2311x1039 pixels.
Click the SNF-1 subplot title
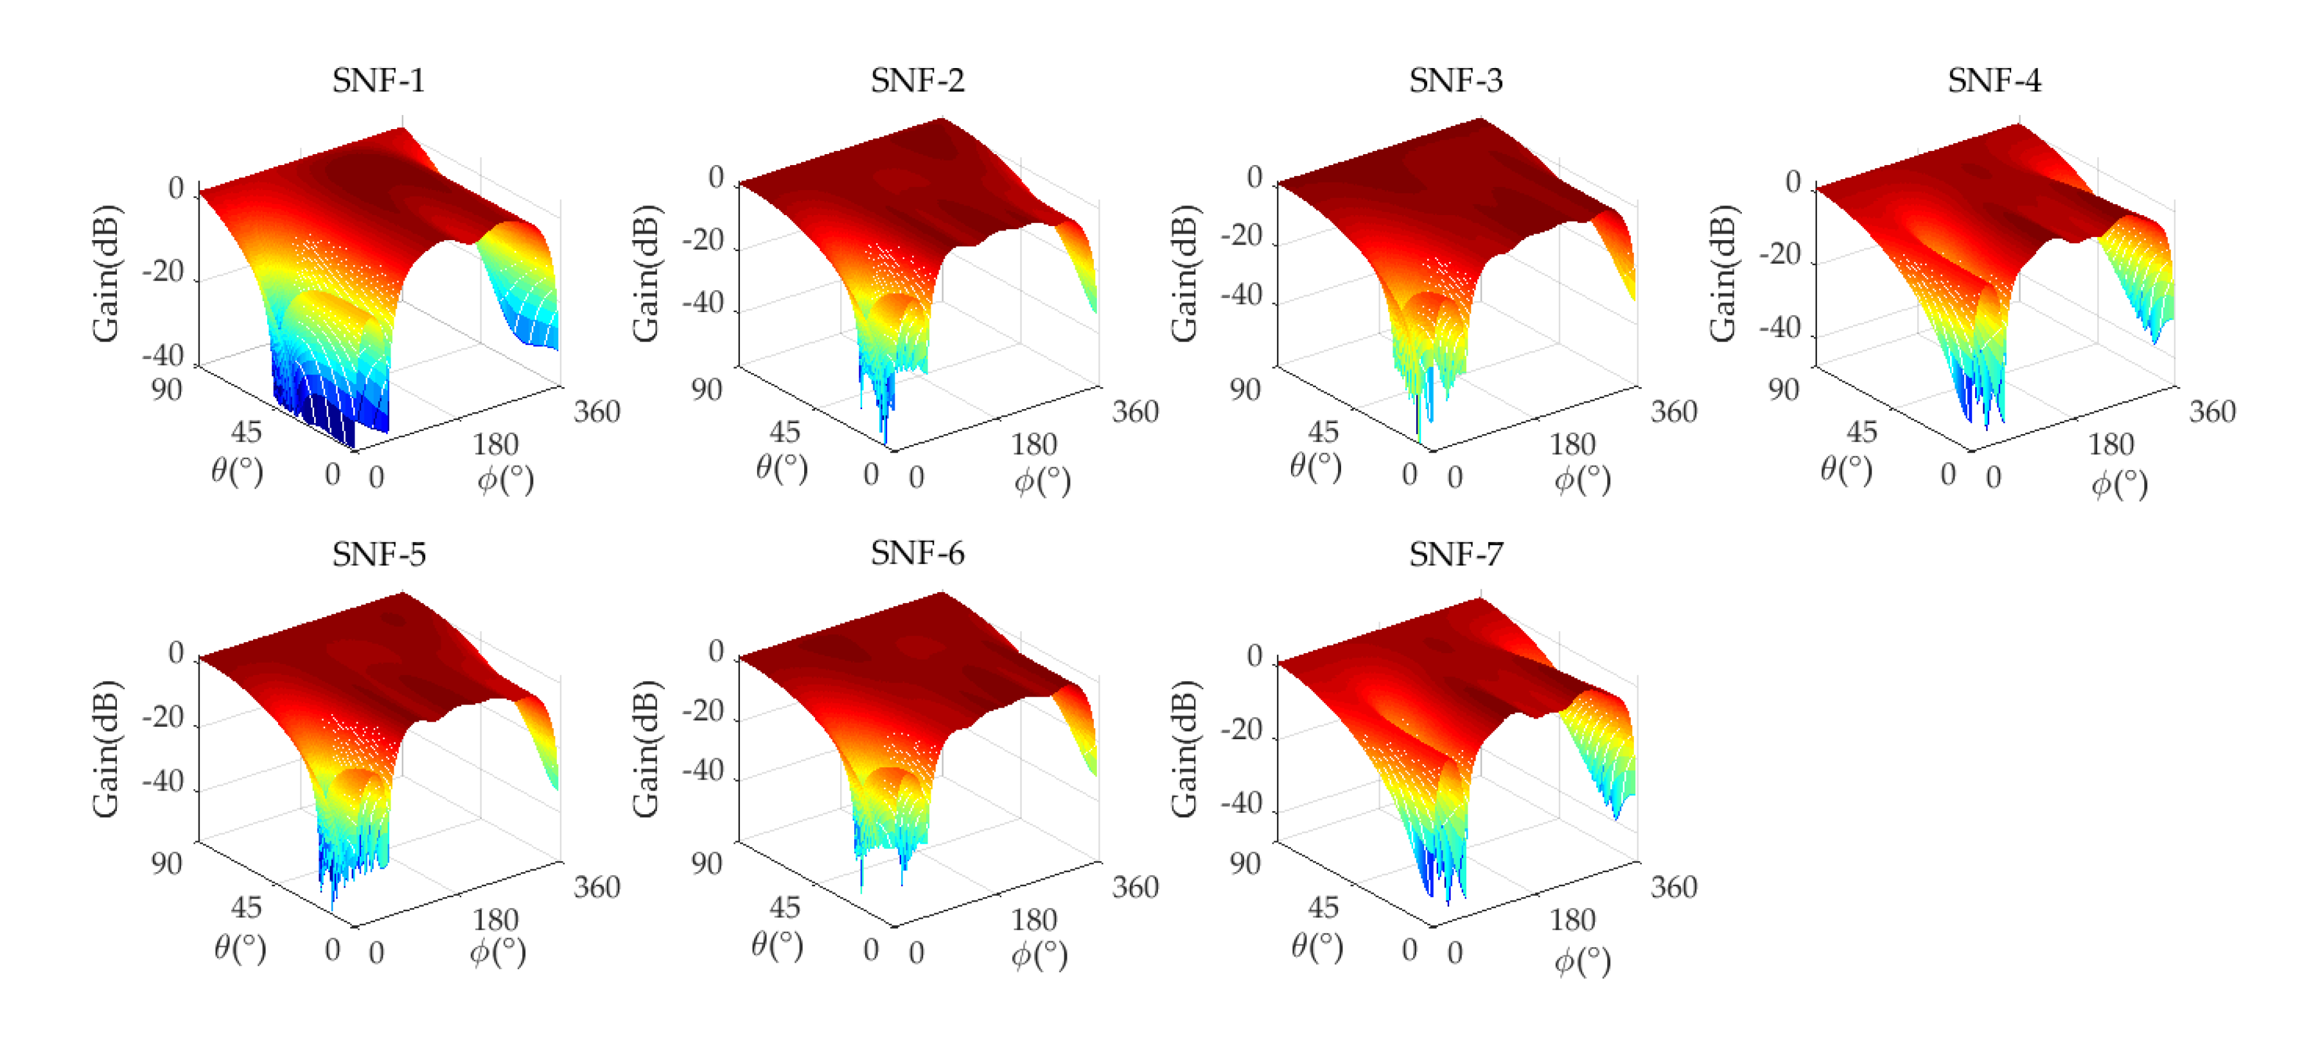point(378,81)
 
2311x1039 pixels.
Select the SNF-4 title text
point(1994,81)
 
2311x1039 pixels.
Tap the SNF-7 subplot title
point(1455,554)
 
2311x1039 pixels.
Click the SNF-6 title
point(917,554)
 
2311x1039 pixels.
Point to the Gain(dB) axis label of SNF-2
point(646,274)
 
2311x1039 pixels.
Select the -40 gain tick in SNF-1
point(163,355)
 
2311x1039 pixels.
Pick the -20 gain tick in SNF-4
point(1780,255)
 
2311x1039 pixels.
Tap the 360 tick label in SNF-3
point(1673,412)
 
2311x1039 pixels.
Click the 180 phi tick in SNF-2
point(1033,445)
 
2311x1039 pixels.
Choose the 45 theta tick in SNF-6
point(784,907)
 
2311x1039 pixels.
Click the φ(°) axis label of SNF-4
point(2119,485)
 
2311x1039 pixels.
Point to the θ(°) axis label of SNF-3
point(1315,467)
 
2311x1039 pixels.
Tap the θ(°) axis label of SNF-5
point(240,947)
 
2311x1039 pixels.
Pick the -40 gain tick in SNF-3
point(1242,294)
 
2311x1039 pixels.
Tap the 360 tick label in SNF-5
point(597,886)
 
